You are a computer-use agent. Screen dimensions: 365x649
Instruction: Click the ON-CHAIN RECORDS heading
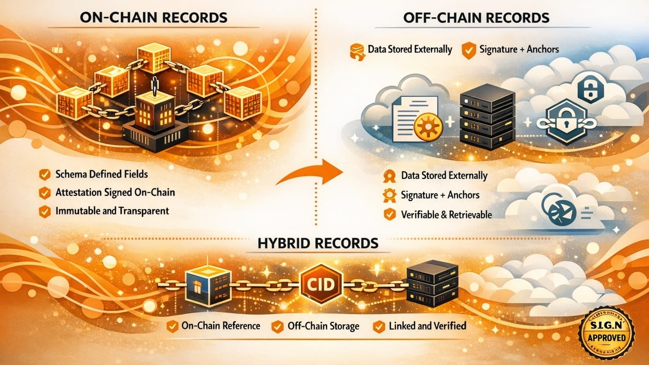tap(153, 17)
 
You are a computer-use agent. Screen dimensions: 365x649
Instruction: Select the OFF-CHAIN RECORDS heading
tap(476, 17)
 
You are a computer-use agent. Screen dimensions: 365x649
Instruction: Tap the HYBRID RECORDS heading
tap(318, 243)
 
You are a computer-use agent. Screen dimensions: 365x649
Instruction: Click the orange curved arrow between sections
tap(311, 173)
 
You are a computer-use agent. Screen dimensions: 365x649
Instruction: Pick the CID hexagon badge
tap(321, 283)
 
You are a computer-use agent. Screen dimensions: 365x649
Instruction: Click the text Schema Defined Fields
tap(101, 174)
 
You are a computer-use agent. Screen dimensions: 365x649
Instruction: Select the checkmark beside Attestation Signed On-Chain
tap(44, 193)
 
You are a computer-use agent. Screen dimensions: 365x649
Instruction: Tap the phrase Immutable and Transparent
tap(112, 211)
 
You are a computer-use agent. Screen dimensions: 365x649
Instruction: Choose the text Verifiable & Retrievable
tap(446, 215)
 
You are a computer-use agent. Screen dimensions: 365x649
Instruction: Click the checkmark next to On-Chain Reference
tap(172, 326)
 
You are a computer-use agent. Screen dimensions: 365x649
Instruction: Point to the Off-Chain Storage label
tap(323, 326)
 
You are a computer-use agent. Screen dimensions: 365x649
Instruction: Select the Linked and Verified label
tap(427, 326)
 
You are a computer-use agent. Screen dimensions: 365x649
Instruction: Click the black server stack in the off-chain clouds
tap(487, 117)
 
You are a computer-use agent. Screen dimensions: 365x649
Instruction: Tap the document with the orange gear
tap(416, 120)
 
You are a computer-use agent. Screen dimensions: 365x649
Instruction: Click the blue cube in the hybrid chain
tap(208, 285)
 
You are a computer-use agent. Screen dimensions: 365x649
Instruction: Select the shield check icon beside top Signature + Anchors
tap(469, 50)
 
